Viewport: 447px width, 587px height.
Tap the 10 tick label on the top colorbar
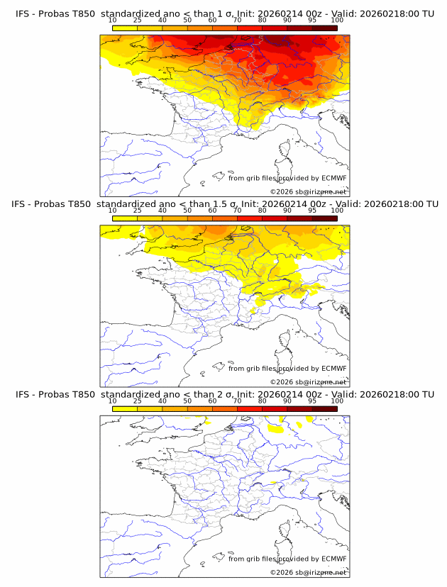(x=112, y=21)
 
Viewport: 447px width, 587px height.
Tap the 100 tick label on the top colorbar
(x=337, y=21)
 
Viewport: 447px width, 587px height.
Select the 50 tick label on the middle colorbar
(x=187, y=211)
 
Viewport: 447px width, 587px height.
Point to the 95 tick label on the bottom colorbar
(x=312, y=401)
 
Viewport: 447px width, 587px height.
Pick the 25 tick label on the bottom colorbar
(x=137, y=401)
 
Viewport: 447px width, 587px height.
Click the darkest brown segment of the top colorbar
(x=324, y=28)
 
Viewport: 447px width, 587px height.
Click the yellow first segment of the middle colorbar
(x=125, y=218)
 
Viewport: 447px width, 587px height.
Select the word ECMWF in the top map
(x=333, y=178)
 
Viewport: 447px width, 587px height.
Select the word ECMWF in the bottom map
(x=333, y=559)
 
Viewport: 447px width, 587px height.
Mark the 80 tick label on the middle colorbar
(x=263, y=211)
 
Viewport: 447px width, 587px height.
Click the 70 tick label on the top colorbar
(x=237, y=21)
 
